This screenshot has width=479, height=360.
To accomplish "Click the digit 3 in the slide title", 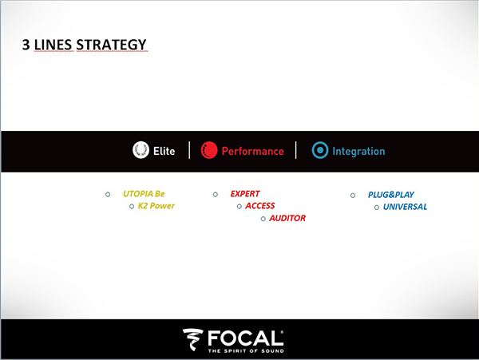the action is click(x=26, y=45).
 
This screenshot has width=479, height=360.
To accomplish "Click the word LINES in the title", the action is click(x=53, y=45).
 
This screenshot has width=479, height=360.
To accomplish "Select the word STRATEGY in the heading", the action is click(x=111, y=45).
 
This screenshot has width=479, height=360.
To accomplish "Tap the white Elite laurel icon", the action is click(x=141, y=150).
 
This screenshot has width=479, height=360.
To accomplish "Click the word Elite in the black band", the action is click(x=164, y=151).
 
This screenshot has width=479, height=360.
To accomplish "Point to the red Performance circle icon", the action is click(x=209, y=150).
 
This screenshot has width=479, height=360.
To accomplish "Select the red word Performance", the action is click(x=252, y=151).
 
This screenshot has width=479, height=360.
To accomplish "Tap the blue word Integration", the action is click(x=358, y=151).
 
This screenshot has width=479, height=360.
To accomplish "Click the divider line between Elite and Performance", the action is click(x=189, y=150).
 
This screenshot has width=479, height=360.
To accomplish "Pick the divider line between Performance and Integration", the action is click(x=295, y=150).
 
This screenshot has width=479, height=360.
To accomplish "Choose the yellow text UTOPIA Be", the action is click(x=144, y=194).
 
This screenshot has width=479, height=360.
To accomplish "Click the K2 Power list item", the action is click(x=156, y=206).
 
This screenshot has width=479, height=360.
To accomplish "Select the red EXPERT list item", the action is click(x=245, y=194).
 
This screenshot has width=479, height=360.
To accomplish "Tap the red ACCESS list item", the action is click(x=260, y=206).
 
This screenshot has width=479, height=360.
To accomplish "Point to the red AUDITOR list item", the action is click(x=287, y=218).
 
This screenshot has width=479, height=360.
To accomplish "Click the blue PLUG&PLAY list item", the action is click(x=391, y=195).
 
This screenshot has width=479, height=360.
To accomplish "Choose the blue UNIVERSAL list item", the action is click(x=405, y=207).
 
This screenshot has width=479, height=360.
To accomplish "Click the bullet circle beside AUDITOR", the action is click(x=263, y=219).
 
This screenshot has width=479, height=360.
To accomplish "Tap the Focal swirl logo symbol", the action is click(x=192, y=339).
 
